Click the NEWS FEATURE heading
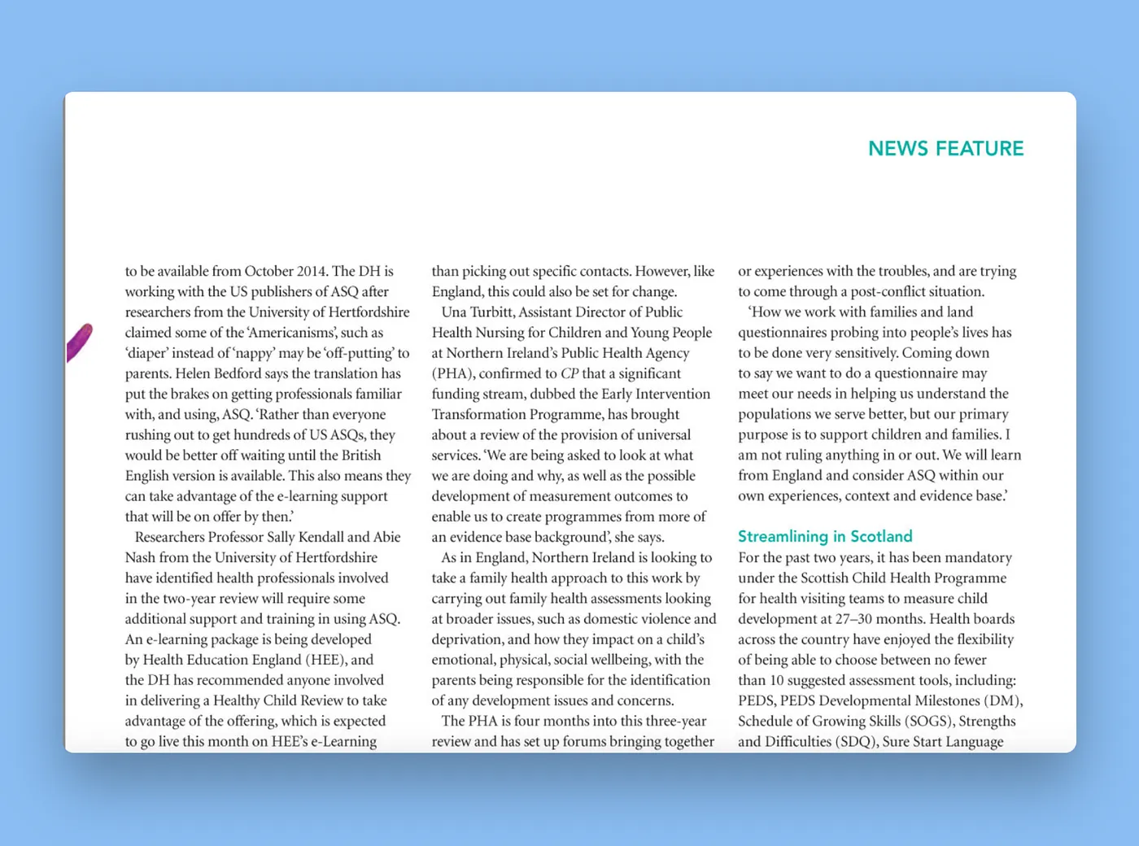point(945,149)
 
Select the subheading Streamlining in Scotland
point(825,536)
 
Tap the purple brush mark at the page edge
point(79,342)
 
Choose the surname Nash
point(141,557)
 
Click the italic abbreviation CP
point(569,373)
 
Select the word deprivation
point(466,639)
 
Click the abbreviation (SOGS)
point(927,721)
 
